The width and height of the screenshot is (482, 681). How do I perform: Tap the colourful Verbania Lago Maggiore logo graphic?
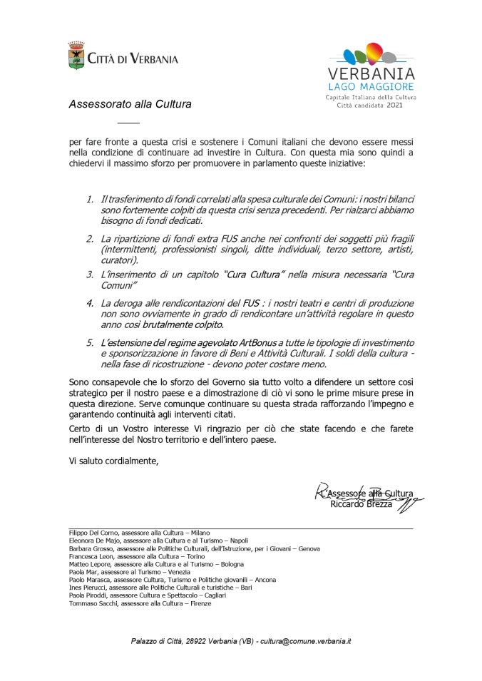370,56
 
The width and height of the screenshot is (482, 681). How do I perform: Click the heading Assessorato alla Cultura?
130,104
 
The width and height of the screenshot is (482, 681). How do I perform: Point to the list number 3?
90,274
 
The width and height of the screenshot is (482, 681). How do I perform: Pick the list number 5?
90,343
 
